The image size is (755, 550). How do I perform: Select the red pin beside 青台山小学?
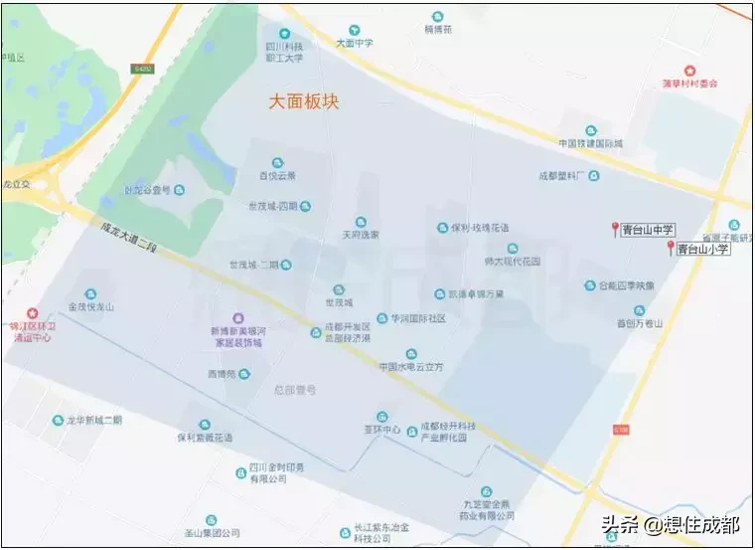coord(671,247)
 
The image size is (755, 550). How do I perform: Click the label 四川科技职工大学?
coord(283,52)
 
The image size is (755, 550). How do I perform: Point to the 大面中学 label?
coord(355,44)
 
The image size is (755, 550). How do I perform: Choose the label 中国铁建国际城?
coord(590,143)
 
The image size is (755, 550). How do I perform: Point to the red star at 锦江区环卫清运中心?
coord(30,312)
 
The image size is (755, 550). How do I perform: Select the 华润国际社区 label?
coord(417,318)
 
